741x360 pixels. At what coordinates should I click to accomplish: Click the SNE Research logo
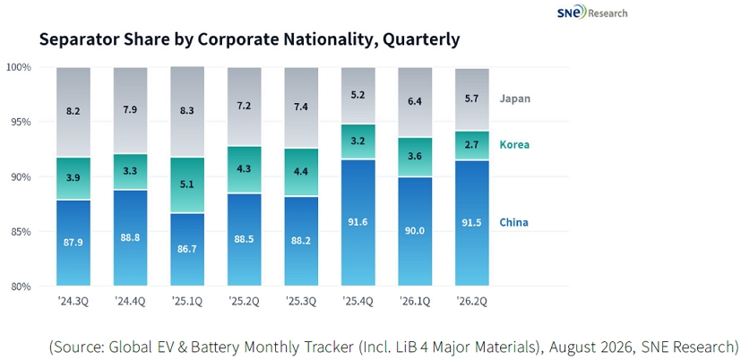click(x=592, y=12)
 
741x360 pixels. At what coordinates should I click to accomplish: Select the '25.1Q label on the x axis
click(x=187, y=302)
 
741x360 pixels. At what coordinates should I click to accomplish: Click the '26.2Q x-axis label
click(x=471, y=302)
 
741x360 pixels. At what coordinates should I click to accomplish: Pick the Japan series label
click(x=515, y=99)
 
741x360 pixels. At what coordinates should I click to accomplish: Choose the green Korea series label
click(x=514, y=144)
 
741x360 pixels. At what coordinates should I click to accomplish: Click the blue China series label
click(x=513, y=222)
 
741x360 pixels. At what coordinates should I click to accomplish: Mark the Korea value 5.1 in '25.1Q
click(x=187, y=184)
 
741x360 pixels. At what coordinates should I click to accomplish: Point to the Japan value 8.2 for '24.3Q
click(x=73, y=112)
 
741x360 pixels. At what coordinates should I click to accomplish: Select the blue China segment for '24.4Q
click(x=130, y=238)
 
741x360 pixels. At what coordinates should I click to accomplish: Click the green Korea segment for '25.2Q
click(x=244, y=169)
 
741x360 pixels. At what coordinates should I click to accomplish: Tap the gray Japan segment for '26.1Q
click(x=415, y=102)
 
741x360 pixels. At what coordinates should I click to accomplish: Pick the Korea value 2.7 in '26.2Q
click(x=471, y=146)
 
